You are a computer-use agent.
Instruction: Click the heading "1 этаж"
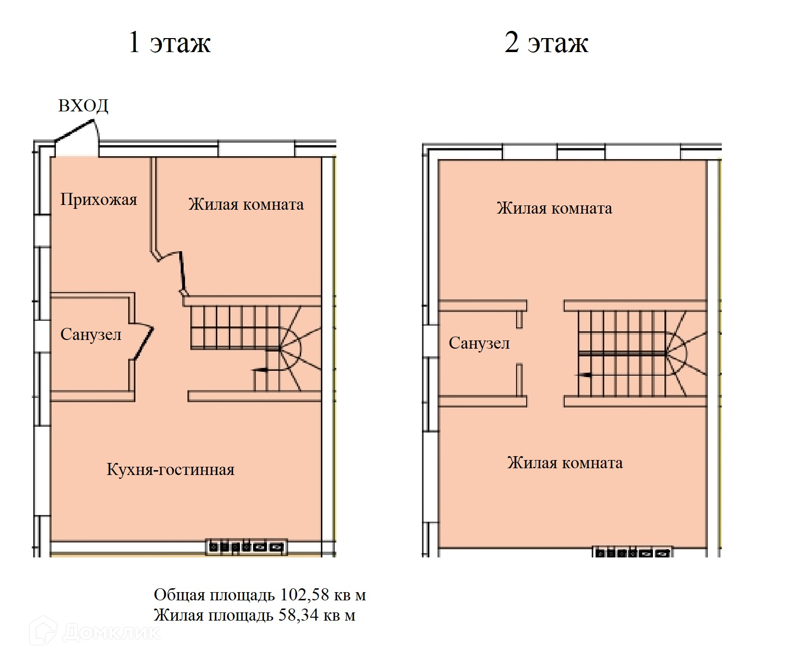tap(169, 42)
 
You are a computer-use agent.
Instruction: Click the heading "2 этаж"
tap(546, 42)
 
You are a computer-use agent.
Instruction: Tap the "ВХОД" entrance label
tap(83, 106)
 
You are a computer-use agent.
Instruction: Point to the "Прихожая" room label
tap(99, 199)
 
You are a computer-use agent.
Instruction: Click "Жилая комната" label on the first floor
tap(246, 204)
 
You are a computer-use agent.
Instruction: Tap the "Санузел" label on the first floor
tap(91, 334)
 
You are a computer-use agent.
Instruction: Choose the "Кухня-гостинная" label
tap(170, 469)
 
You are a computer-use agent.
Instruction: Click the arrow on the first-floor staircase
tap(261, 370)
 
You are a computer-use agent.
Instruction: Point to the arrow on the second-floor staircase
tap(585, 375)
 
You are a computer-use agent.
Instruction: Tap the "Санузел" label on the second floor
tap(479, 343)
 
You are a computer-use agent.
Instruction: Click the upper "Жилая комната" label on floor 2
tap(554, 208)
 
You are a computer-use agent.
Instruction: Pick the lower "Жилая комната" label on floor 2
tap(565, 463)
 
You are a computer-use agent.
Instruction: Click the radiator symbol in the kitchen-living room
tap(246, 547)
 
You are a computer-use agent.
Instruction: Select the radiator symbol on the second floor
tap(632, 553)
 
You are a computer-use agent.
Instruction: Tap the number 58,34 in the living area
tap(298, 615)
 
